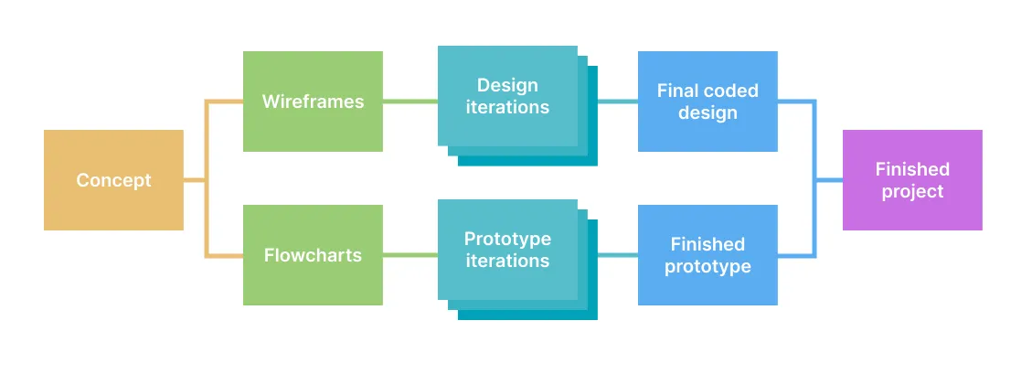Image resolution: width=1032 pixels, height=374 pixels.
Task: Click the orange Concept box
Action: point(113,180)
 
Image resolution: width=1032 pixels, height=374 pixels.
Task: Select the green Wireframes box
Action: point(313,102)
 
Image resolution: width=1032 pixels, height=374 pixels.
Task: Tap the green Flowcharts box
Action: point(313,255)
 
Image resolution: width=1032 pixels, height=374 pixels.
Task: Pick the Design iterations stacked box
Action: point(507,96)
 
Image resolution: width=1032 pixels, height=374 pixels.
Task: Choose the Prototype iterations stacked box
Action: point(507,250)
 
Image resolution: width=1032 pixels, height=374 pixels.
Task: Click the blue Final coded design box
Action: point(708,102)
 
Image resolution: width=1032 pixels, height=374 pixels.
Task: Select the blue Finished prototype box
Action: point(708,255)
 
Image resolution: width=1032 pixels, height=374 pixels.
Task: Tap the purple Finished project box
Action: point(912,180)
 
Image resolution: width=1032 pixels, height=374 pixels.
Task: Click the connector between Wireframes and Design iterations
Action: point(410,102)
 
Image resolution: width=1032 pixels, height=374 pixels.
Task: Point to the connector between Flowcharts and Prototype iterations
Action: point(410,255)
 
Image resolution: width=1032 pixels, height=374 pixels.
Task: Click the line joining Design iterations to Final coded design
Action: point(617,102)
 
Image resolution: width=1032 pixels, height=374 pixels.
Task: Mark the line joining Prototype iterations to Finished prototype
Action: point(617,255)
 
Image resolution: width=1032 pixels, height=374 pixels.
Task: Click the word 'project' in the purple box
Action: point(912,192)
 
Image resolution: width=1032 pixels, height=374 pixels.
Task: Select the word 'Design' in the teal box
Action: point(507,85)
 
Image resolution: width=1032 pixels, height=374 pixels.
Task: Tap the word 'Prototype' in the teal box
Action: point(507,239)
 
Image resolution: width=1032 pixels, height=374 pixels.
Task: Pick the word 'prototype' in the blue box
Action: point(708,267)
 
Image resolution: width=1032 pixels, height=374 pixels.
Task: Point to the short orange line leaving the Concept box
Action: point(194,180)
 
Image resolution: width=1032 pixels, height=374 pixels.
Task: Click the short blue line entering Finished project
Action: point(829,180)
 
